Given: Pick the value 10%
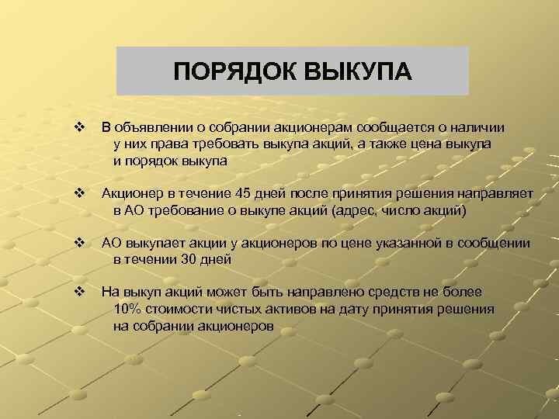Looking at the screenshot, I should coord(127,309).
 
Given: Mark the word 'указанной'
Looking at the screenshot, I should coord(402,243).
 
